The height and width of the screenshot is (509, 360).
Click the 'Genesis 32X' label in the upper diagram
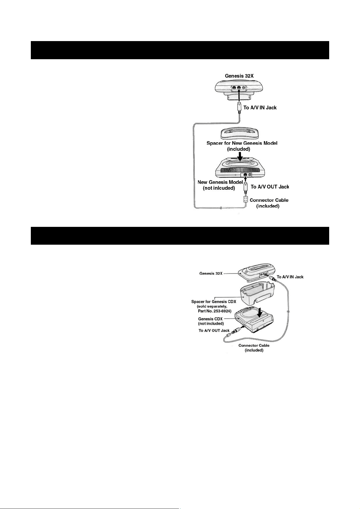point(239,76)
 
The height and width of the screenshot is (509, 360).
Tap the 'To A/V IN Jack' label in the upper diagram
point(260,108)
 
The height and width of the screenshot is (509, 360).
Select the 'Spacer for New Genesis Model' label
point(242,143)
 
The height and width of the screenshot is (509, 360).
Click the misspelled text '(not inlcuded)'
point(219,188)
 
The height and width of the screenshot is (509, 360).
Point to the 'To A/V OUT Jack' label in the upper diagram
point(270,187)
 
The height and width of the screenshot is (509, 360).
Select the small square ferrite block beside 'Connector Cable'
point(246,199)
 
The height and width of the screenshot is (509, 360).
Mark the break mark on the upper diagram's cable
point(221,208)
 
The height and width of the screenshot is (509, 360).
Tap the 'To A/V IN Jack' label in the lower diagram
point(290,277)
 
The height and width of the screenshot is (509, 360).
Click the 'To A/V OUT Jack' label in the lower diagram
point(214,330)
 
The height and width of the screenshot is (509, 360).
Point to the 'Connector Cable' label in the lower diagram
point(254,345)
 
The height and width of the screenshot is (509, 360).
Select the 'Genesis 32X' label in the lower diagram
point(211,273)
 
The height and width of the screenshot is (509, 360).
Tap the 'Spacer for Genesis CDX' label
point(213,302)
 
